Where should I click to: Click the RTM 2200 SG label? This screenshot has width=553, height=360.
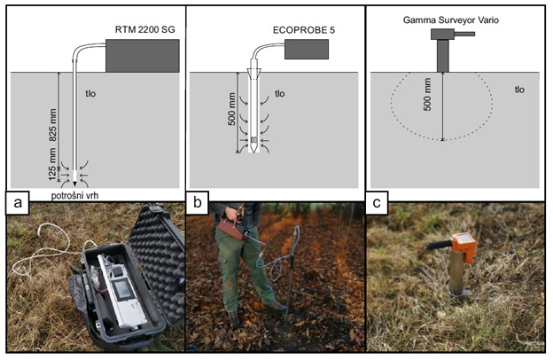pyautogui.click(x=145, y=29)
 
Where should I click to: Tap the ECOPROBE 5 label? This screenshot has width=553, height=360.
pyautogui.click(x=304, y=30)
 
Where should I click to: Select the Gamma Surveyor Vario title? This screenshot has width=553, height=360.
pyautogui.click(x=451, y=20)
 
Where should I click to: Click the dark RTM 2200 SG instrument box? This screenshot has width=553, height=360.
pyautogui.click(x=143, y=56)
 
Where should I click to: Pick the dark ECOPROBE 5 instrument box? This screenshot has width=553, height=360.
pyautogui.click(x=307, y=49)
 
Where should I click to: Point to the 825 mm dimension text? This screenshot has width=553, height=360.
pyautogui.click(x=52, y=125)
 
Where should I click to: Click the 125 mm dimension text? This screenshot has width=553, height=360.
pyautogui.click(x=52, y=164)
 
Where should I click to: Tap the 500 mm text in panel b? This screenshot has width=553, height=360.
pyautogui.click(x=231, y=109)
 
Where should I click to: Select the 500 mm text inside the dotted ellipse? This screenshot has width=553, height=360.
pyautogui.click(x=427, y=95)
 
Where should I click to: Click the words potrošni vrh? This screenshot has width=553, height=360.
pyautogui.click(x=74, y=196)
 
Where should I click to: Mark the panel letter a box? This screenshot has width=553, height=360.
pyautogui.click(x=18, y=203)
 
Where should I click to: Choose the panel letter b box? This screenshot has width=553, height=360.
pyautogui.click(x=198, y=203)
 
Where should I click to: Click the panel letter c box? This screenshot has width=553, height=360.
pyautogui.click(x=377, y=203)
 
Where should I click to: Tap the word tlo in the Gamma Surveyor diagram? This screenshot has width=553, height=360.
pyautogui.click(x=519, y=90)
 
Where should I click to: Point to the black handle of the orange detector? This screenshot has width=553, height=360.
pyautogui.click(x=439, y=245)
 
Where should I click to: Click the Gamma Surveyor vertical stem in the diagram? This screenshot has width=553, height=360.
pyautogui.click(x=443, y=56)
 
